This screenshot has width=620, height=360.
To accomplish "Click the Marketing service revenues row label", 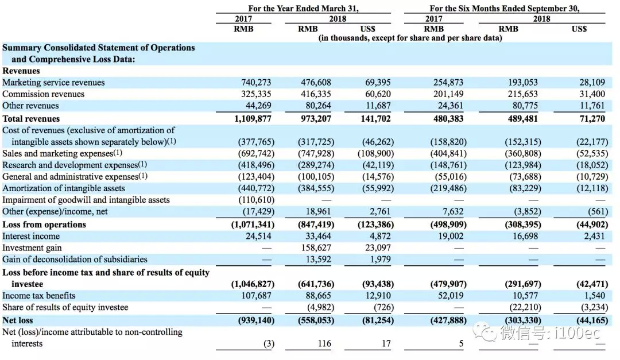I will (53, 83).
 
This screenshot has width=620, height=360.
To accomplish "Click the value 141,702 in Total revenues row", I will (377, 119).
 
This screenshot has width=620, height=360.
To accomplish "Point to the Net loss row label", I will (18, 320).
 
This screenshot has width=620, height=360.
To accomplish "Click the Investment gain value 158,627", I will (316, 247).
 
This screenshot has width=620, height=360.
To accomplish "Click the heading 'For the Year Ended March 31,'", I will (307, 9).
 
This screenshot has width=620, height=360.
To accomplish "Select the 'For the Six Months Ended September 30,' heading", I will (505, 9).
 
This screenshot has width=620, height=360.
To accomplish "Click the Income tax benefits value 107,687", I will (254, 296).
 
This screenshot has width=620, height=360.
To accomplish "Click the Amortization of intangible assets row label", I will (64, 188).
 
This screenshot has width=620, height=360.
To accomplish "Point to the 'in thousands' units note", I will (410, 38).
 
